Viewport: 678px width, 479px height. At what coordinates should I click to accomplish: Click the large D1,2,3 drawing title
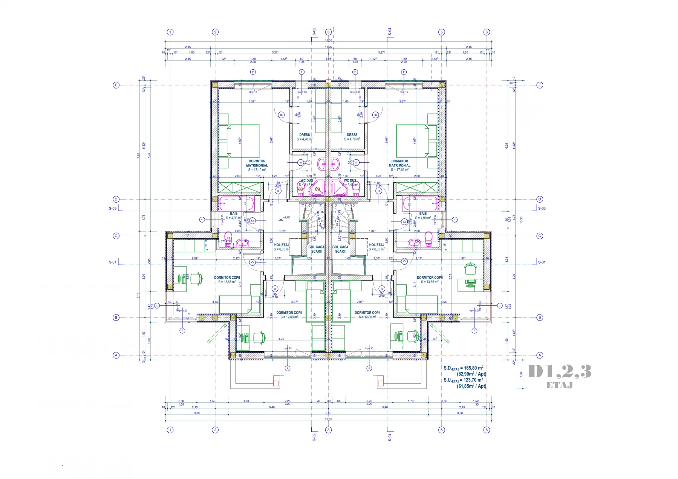559,372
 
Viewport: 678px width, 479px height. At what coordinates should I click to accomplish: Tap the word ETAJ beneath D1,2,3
559,385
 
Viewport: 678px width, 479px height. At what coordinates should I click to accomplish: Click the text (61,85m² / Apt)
471,386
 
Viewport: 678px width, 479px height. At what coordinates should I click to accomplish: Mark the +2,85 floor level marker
286,217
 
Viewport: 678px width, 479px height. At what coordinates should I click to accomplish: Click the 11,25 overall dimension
329,47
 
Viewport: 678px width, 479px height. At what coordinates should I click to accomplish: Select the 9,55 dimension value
329,413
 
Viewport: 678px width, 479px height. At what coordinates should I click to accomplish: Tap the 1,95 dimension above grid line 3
329,59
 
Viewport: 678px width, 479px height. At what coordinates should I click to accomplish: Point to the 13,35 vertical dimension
521,220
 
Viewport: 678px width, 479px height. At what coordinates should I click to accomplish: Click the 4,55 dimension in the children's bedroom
444,302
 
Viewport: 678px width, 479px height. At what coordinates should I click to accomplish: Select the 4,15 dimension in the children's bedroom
215,302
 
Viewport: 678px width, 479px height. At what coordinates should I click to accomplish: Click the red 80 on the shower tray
317,189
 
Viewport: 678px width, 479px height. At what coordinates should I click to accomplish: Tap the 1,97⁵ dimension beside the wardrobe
462,258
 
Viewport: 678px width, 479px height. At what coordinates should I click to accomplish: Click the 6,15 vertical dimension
139,296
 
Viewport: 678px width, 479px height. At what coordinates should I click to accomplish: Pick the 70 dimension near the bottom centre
318,401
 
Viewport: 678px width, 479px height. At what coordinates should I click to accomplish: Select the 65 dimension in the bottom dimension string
339,401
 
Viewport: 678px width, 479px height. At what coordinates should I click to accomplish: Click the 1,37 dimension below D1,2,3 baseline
521,374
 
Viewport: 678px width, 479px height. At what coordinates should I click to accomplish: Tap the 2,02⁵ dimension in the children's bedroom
195,258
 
